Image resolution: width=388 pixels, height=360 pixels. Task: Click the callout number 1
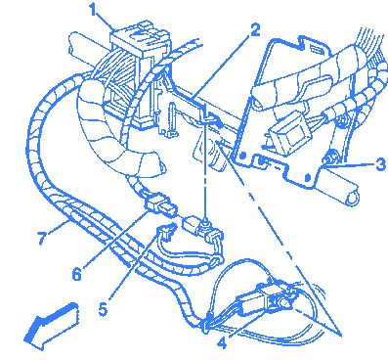(x=93, y=10)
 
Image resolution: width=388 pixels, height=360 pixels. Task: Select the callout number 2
(x=254, y=30)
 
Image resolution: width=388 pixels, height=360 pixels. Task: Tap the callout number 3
(x=380, y=164)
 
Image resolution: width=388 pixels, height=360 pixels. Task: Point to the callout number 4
(x=222, y=343)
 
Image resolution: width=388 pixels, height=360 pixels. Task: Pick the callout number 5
(x=103, y=309)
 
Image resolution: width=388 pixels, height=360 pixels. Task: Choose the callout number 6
(x=76, y=274)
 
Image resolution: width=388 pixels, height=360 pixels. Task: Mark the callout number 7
(x=43, y=238)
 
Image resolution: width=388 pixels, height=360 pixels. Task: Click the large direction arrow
(x=52, y=326)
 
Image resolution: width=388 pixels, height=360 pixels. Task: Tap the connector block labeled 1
(x=140, y=36)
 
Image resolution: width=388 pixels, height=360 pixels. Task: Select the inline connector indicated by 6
(x=160, y=205)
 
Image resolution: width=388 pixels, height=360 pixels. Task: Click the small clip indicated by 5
(x=166, y=232)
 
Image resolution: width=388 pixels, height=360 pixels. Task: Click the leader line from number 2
(x=222, y=67)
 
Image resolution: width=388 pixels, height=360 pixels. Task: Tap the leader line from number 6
(x=115, y=240)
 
